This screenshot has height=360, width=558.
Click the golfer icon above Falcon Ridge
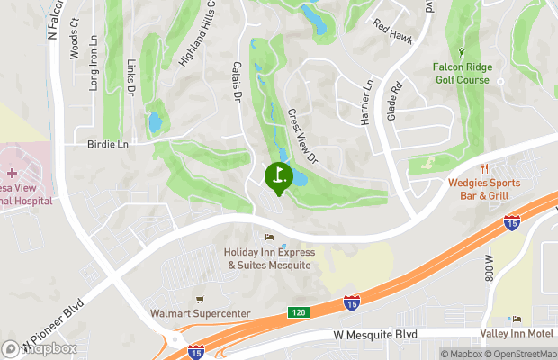(462, 53)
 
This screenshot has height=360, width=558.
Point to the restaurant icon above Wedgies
(484, 167)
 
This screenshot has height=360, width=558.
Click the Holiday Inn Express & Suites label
(268, 259)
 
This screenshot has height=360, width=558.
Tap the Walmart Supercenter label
(200, 315)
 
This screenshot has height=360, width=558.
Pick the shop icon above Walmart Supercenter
(200, 299)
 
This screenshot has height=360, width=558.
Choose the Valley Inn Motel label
(516, 333)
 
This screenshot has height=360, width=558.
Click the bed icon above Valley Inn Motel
(516, 319)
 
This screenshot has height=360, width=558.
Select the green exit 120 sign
(299, 312)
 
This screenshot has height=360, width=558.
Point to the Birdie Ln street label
(108, 144)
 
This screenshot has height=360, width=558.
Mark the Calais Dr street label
(239, 82)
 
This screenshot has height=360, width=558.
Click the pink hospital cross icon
(12, 172)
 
